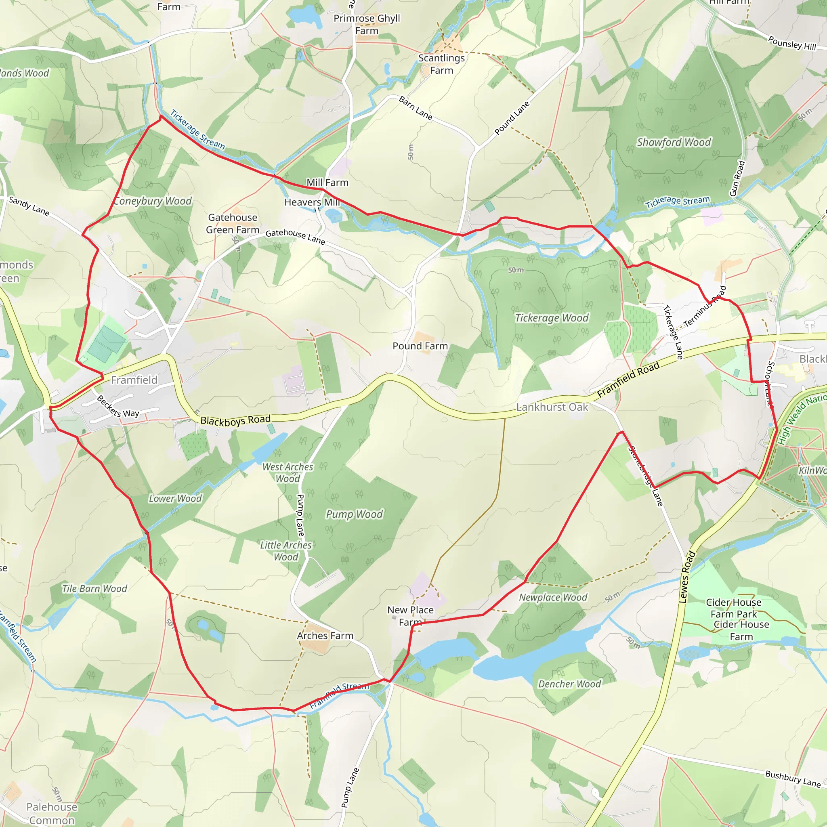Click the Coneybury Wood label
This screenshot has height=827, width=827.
153,201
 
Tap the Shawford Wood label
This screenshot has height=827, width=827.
674,142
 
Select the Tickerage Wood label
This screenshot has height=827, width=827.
552,318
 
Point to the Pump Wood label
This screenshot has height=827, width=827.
355,514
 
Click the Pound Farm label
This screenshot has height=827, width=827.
420,346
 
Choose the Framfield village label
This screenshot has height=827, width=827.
134,380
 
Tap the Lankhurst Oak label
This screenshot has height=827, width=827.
552,407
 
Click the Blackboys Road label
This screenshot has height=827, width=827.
235,420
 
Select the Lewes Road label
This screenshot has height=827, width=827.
687,577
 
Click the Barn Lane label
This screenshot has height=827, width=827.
415,108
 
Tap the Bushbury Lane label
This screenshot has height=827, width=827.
793,779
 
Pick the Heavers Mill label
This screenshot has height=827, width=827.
312,202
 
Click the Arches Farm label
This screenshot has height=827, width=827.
325,636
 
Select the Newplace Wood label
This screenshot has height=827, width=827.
553,597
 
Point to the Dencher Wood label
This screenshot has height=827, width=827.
569,684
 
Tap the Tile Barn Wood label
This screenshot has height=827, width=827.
94,589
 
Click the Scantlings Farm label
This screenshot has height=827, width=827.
441,64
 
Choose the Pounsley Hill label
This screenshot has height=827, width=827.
792,43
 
